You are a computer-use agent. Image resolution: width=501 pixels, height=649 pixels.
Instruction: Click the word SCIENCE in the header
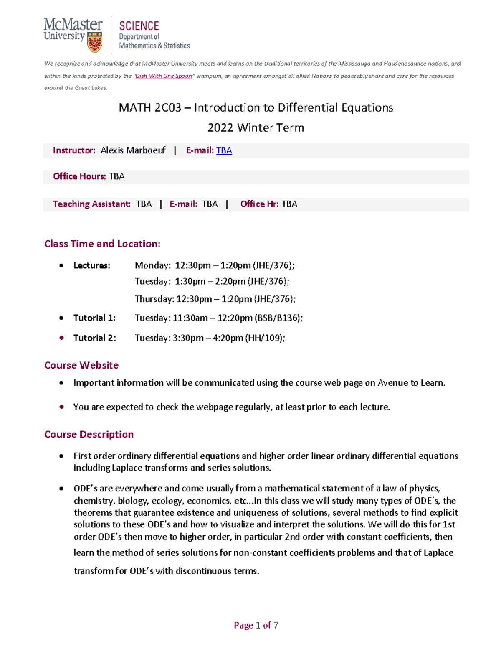coord(139,26)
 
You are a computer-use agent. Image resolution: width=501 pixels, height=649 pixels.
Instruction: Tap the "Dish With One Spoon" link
coord(164,76)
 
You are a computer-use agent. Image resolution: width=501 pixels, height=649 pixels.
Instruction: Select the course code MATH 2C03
coord(150,108)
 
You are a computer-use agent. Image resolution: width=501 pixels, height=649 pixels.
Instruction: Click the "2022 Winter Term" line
coord(256,127)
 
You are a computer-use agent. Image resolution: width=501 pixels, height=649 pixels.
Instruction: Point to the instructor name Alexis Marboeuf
coord(133,150)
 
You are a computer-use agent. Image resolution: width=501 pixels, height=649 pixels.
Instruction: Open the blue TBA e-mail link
coord(224,150)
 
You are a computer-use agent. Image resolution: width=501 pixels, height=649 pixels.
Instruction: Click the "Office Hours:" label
coord(79,176)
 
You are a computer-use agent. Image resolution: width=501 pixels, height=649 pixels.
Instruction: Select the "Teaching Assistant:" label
coord(91,204)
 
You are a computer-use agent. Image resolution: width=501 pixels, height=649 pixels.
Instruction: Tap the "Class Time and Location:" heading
coord(102,244)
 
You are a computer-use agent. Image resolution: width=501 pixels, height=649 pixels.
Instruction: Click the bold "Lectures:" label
coord(92,265)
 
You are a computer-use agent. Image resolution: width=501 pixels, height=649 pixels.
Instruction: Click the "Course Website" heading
coord(81,365)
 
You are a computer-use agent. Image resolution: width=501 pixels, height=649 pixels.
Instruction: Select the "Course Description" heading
coord(89,434)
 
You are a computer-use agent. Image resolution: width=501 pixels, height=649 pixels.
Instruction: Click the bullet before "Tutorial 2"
coord(62,338)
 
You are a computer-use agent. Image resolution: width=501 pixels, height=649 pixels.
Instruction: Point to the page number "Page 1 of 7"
coord(256,625)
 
